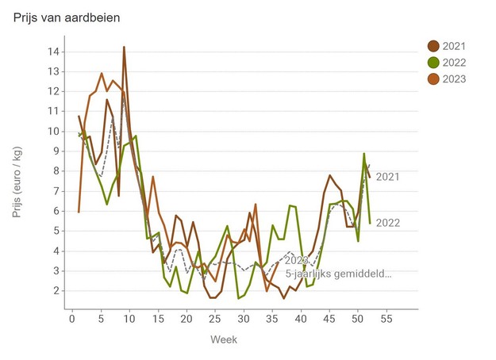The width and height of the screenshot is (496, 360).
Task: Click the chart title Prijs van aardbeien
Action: click(67, 17)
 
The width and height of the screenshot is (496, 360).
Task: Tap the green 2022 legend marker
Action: click(434, 63)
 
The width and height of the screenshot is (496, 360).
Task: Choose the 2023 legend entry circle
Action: click(434, 79)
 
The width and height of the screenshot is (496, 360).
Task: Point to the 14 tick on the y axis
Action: click(54, 52)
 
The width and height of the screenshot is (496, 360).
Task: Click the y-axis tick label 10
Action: click(54, 132)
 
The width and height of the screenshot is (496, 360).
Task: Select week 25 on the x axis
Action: click(215, 319)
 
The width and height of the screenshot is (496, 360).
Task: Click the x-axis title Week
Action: click(223, 339)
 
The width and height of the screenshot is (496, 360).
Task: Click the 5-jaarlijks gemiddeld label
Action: click(339, 274)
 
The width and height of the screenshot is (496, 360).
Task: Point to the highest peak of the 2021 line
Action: click(124, 47)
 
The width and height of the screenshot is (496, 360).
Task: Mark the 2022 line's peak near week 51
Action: click(364, 154)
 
